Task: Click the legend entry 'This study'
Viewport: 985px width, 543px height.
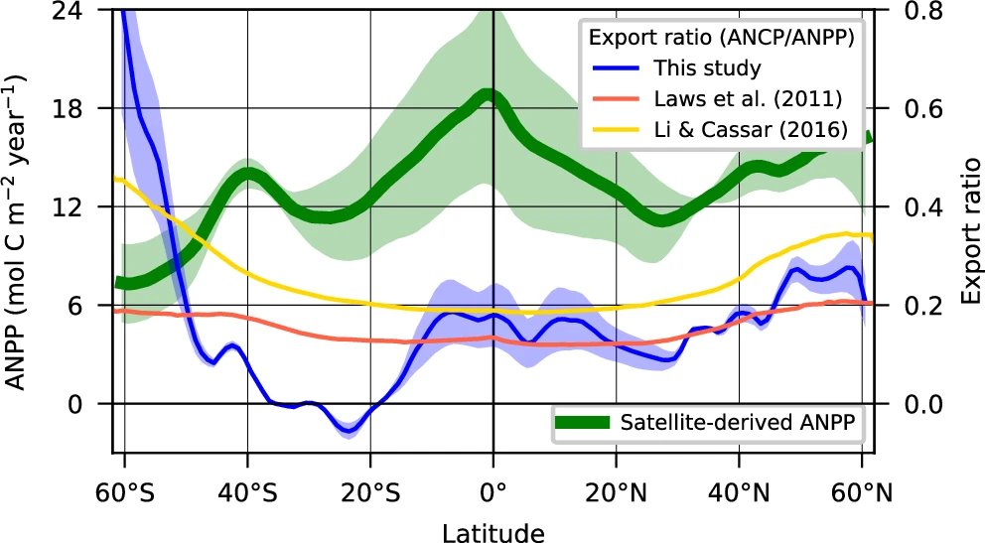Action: coord(706,68)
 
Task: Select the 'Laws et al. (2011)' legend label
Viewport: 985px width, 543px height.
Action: coord(748,99)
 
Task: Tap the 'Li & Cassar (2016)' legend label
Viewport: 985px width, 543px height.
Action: coord(750,130)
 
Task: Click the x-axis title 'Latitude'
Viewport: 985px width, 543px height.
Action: coord(492,534)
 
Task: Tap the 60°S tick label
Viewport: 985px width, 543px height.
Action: coord(124,493)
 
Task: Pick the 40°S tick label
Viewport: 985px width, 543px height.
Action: coord(247,493)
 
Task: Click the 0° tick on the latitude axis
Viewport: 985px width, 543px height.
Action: coord(492,493)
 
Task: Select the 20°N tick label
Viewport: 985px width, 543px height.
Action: coord(616,493)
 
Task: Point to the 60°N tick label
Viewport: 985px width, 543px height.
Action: coord(861,493)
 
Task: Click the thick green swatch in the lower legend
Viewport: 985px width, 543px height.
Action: coord(581,423)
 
